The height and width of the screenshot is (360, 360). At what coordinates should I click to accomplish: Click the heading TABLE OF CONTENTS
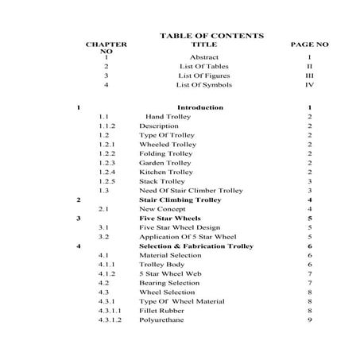click(x=211, y=36)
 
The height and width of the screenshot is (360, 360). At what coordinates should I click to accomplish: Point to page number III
click(x=309, y=75)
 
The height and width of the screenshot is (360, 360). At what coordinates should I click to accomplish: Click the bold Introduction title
click(x=199, y=106)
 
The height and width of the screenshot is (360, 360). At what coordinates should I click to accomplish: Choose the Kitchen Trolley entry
click(x=165, y=172)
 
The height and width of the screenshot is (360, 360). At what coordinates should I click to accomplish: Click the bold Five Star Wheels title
click(x=171, y=218)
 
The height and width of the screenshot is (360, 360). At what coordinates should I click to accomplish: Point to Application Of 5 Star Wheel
click(x=188, y=236)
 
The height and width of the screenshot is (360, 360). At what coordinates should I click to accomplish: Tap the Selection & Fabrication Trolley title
click(x=195, y=246)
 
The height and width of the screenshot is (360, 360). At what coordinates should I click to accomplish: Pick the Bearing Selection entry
click(x=169, y=283)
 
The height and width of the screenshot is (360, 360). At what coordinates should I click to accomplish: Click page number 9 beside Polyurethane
click(x=309, y=320)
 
